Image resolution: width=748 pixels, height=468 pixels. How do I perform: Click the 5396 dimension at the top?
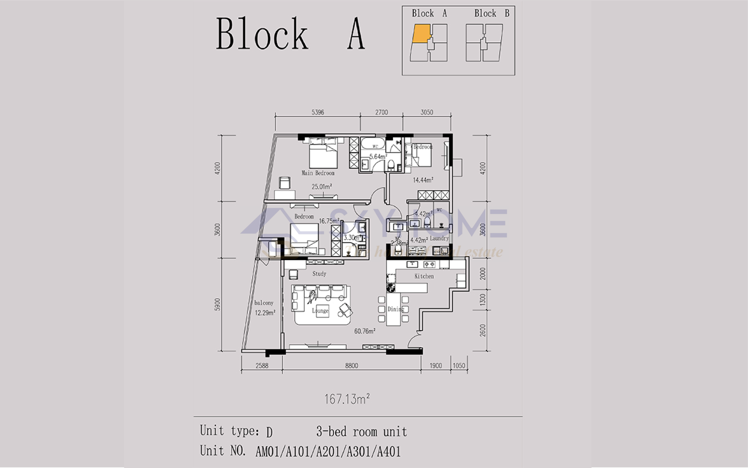click(x=318, y=112)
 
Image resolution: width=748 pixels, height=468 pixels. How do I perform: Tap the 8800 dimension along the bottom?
click(x=352, y=366)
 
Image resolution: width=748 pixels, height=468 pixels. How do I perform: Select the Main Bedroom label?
click(x=318, y=173)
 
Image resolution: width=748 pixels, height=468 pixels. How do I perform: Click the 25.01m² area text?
click(x=321, y=187)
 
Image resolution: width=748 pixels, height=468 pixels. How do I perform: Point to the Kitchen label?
click(x=424, y=276)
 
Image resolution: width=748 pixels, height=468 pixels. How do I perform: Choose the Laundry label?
click(x=439, y=238)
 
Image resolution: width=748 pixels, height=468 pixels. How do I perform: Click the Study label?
click(x=319, y=274)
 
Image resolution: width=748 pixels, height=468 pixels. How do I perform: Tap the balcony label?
click(x=264, y=303)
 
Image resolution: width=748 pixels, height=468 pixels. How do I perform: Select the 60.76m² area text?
click(x=365, y=331)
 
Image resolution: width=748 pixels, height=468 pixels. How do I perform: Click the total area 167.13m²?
click(x=347, y=399)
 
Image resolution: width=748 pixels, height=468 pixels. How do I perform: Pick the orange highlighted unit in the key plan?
click(x=421, y=33)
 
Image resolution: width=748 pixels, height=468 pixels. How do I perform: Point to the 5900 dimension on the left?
click(x=217, y=305)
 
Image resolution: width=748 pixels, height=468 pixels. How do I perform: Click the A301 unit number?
click(x=358, y=452)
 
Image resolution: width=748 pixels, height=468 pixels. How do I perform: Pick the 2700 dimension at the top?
click(x=381, y=112)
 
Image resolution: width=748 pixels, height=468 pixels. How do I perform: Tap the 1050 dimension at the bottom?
click(x=459, y=366)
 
